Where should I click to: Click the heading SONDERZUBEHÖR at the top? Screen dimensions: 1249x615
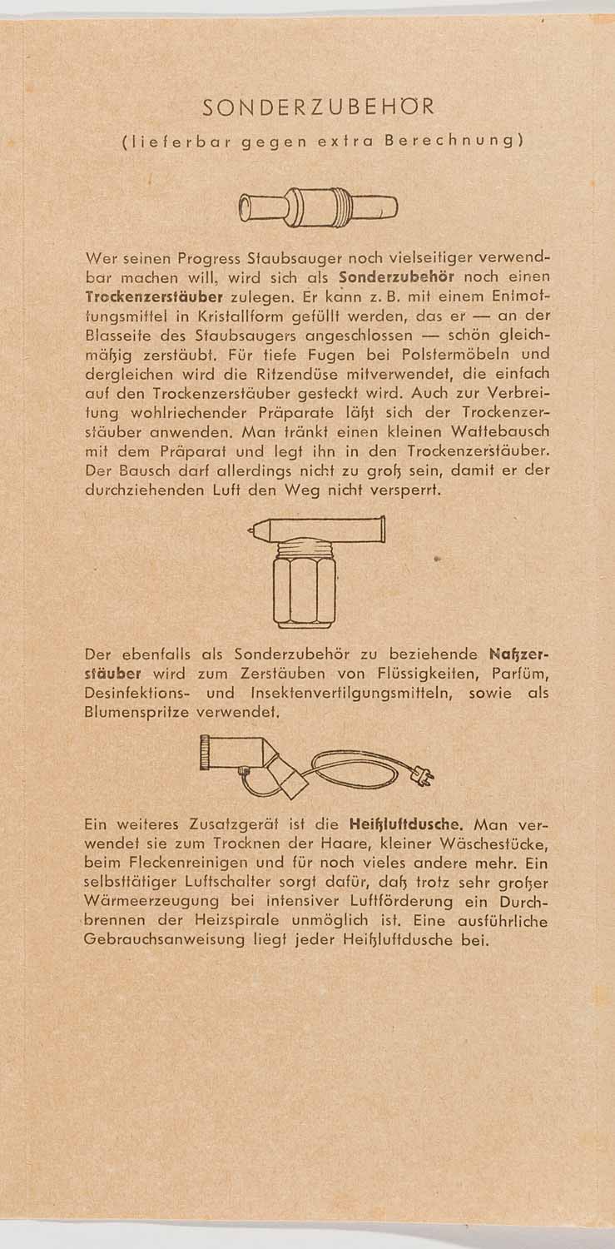(x=319, y=107)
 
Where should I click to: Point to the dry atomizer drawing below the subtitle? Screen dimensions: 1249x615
(x=317, y=207)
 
